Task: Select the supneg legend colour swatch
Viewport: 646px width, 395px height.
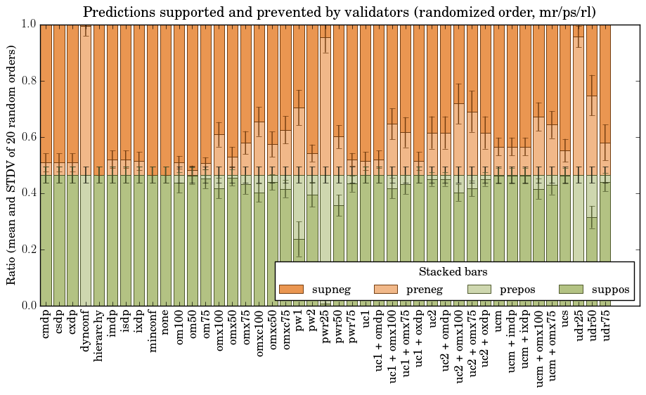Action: pyautogui.click(x=291, y=290)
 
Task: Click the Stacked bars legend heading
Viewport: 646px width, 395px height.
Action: pyautogui.click(x=453, y=272)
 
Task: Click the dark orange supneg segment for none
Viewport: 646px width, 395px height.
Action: pyautogui.click(x=166, y=98)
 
